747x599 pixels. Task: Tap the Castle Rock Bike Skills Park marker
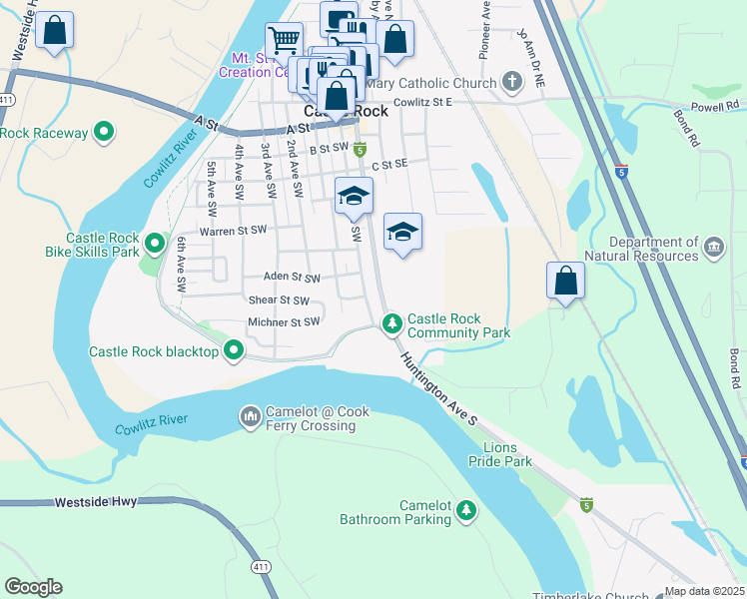click(x=154, y=244)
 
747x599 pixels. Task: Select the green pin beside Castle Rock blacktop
click(x=234, y=350)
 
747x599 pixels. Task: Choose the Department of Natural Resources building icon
click(x=714, y=247)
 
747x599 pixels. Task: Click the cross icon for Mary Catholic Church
click(x=511, y=81)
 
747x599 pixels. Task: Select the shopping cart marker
click(x=284, y=40)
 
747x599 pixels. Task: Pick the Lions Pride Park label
click(x=500, y=454)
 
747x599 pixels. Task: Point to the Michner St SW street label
click(x=284, y=322)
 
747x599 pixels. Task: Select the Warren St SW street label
click(x=233, y=231)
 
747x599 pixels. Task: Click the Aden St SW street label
click(x=292, y=278)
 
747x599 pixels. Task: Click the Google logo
click(x=33, y=587)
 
